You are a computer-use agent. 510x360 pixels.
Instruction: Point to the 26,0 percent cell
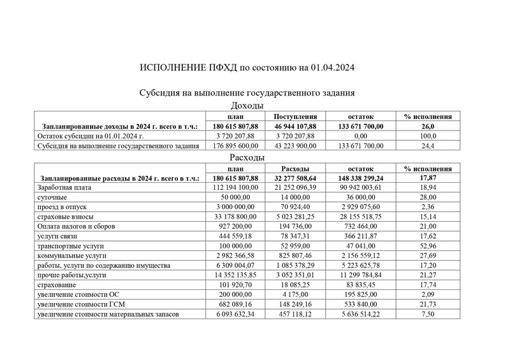click(428, 126)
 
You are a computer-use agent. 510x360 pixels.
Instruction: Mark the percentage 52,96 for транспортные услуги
click(428, 243)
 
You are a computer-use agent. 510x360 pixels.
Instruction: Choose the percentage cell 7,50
click(428, 315)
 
